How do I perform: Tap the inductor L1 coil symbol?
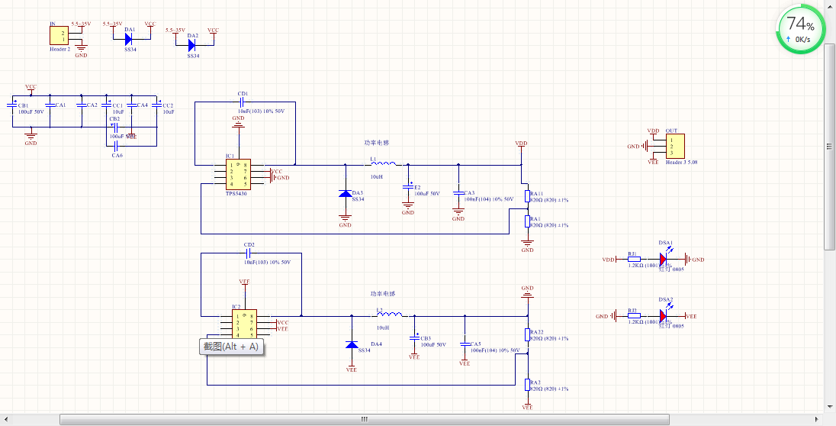383,163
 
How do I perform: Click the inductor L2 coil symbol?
391,315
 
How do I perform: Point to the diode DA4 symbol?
352,344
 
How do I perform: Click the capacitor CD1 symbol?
243,101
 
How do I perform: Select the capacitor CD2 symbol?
249,253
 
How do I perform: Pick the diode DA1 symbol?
129,39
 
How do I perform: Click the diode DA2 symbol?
192,45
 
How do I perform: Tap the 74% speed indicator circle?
801,30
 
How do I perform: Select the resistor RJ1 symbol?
634,260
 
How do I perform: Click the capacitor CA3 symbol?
458,192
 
